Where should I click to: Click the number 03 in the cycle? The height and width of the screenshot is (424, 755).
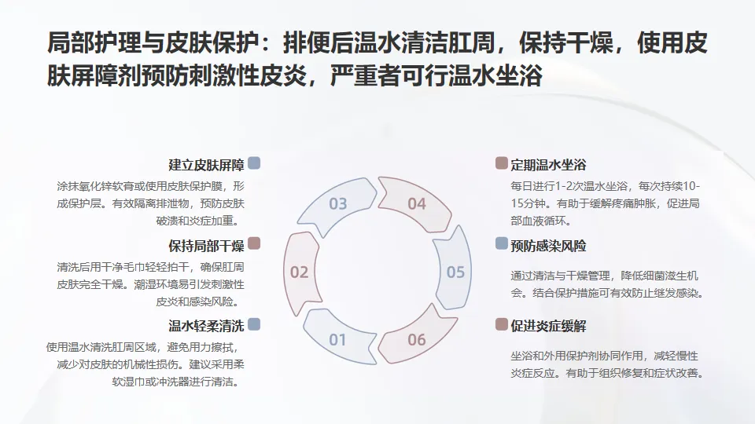(x=337, y=204)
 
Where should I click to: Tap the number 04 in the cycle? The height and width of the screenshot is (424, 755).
(x=416, y=204)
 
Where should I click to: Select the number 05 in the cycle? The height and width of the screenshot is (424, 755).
(x=455, y=272)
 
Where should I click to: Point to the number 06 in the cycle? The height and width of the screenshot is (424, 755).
(x=416, y=340)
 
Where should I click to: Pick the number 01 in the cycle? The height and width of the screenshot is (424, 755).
(x=337, y=340)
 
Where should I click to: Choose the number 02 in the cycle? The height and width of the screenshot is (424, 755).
(x=299, y=272)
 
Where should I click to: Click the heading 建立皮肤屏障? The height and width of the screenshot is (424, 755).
(x=206, y=165)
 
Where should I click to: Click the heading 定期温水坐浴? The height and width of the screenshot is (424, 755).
(x=548, y=165)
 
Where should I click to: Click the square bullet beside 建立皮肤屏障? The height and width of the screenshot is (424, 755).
(x=253, y=163)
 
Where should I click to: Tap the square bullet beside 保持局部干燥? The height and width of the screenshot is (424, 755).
(x=253, y=244)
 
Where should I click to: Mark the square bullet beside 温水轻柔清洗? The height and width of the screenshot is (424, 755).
(x=253, y=324)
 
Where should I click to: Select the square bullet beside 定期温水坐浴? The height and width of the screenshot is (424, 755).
(x=501, y=163)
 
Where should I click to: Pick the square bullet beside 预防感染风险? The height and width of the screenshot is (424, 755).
(x=501, y=244)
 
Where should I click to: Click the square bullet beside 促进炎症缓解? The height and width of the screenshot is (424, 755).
(x=501, y=324)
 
